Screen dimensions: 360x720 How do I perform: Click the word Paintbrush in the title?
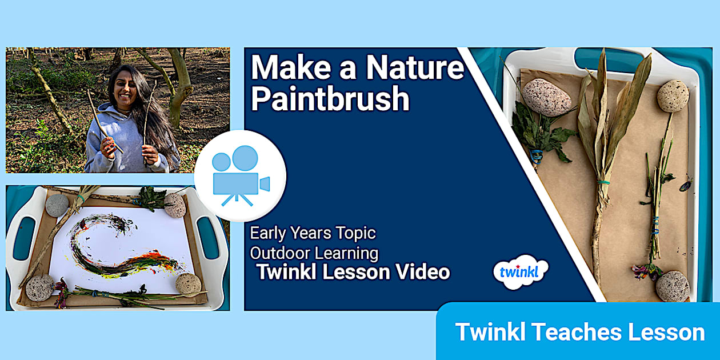click(x=330, y=99)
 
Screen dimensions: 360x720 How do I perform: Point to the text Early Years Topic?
click(x=313, y=233)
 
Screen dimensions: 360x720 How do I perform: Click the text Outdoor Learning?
click(x=314, y=252)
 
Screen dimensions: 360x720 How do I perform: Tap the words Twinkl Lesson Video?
click(x=353, y=272)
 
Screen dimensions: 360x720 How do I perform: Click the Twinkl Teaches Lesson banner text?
click(x=579, y=332)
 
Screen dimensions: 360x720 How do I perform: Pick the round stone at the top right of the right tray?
click(x=673, y=95)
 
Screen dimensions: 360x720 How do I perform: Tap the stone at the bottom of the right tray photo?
click(x=672, y=286)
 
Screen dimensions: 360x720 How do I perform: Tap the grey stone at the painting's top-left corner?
click(x=57, y=205)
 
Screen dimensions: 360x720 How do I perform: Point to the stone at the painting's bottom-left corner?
click(x=40, y=288)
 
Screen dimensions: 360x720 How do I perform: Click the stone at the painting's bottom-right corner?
click(x=188, y=284)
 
